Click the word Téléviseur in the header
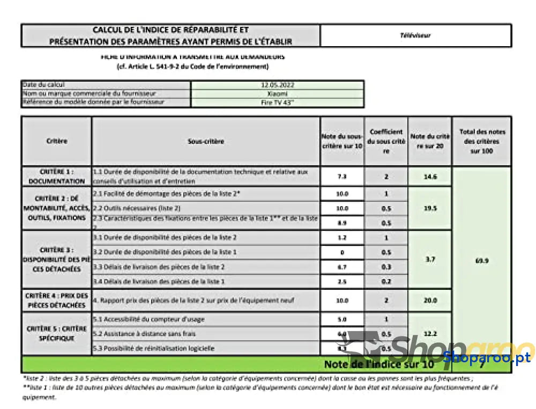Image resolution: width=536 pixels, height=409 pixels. (x=415, y=35)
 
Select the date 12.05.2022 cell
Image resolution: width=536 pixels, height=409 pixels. (x=277, y=85)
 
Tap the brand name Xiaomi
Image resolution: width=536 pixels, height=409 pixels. (x=277, y=93)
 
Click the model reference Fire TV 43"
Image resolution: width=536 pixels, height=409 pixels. (x=277, y=102)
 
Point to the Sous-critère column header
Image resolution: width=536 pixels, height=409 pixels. (x=206, y=142)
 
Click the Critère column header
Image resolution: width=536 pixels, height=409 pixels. (x=57, y=142)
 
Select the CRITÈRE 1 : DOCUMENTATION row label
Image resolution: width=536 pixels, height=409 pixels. (x=57, y=177)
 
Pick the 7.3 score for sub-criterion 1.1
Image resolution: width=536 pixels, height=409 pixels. (x=342, y=177)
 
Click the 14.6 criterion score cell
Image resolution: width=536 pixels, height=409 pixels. (x=430, y=177)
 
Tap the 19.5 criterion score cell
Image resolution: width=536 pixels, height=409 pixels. (x=430, y=208)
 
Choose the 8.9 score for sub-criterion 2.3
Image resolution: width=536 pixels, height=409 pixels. (x=342, y=223)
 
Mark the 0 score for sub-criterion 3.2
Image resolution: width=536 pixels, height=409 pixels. (x=342, y=252)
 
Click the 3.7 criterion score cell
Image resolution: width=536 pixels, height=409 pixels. (x=430, y=259)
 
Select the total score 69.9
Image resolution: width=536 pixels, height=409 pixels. (x=482, y=261)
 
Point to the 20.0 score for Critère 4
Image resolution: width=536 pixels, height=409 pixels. (x=430, y=301)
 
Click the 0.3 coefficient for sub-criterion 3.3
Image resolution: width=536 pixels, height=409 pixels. (x=386, y=267)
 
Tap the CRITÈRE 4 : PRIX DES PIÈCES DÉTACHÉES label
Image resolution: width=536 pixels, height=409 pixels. (x=57, y=301)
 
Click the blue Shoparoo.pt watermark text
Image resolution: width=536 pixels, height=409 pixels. (x=487, y=356)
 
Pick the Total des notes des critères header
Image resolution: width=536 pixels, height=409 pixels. (x=482, y=142)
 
